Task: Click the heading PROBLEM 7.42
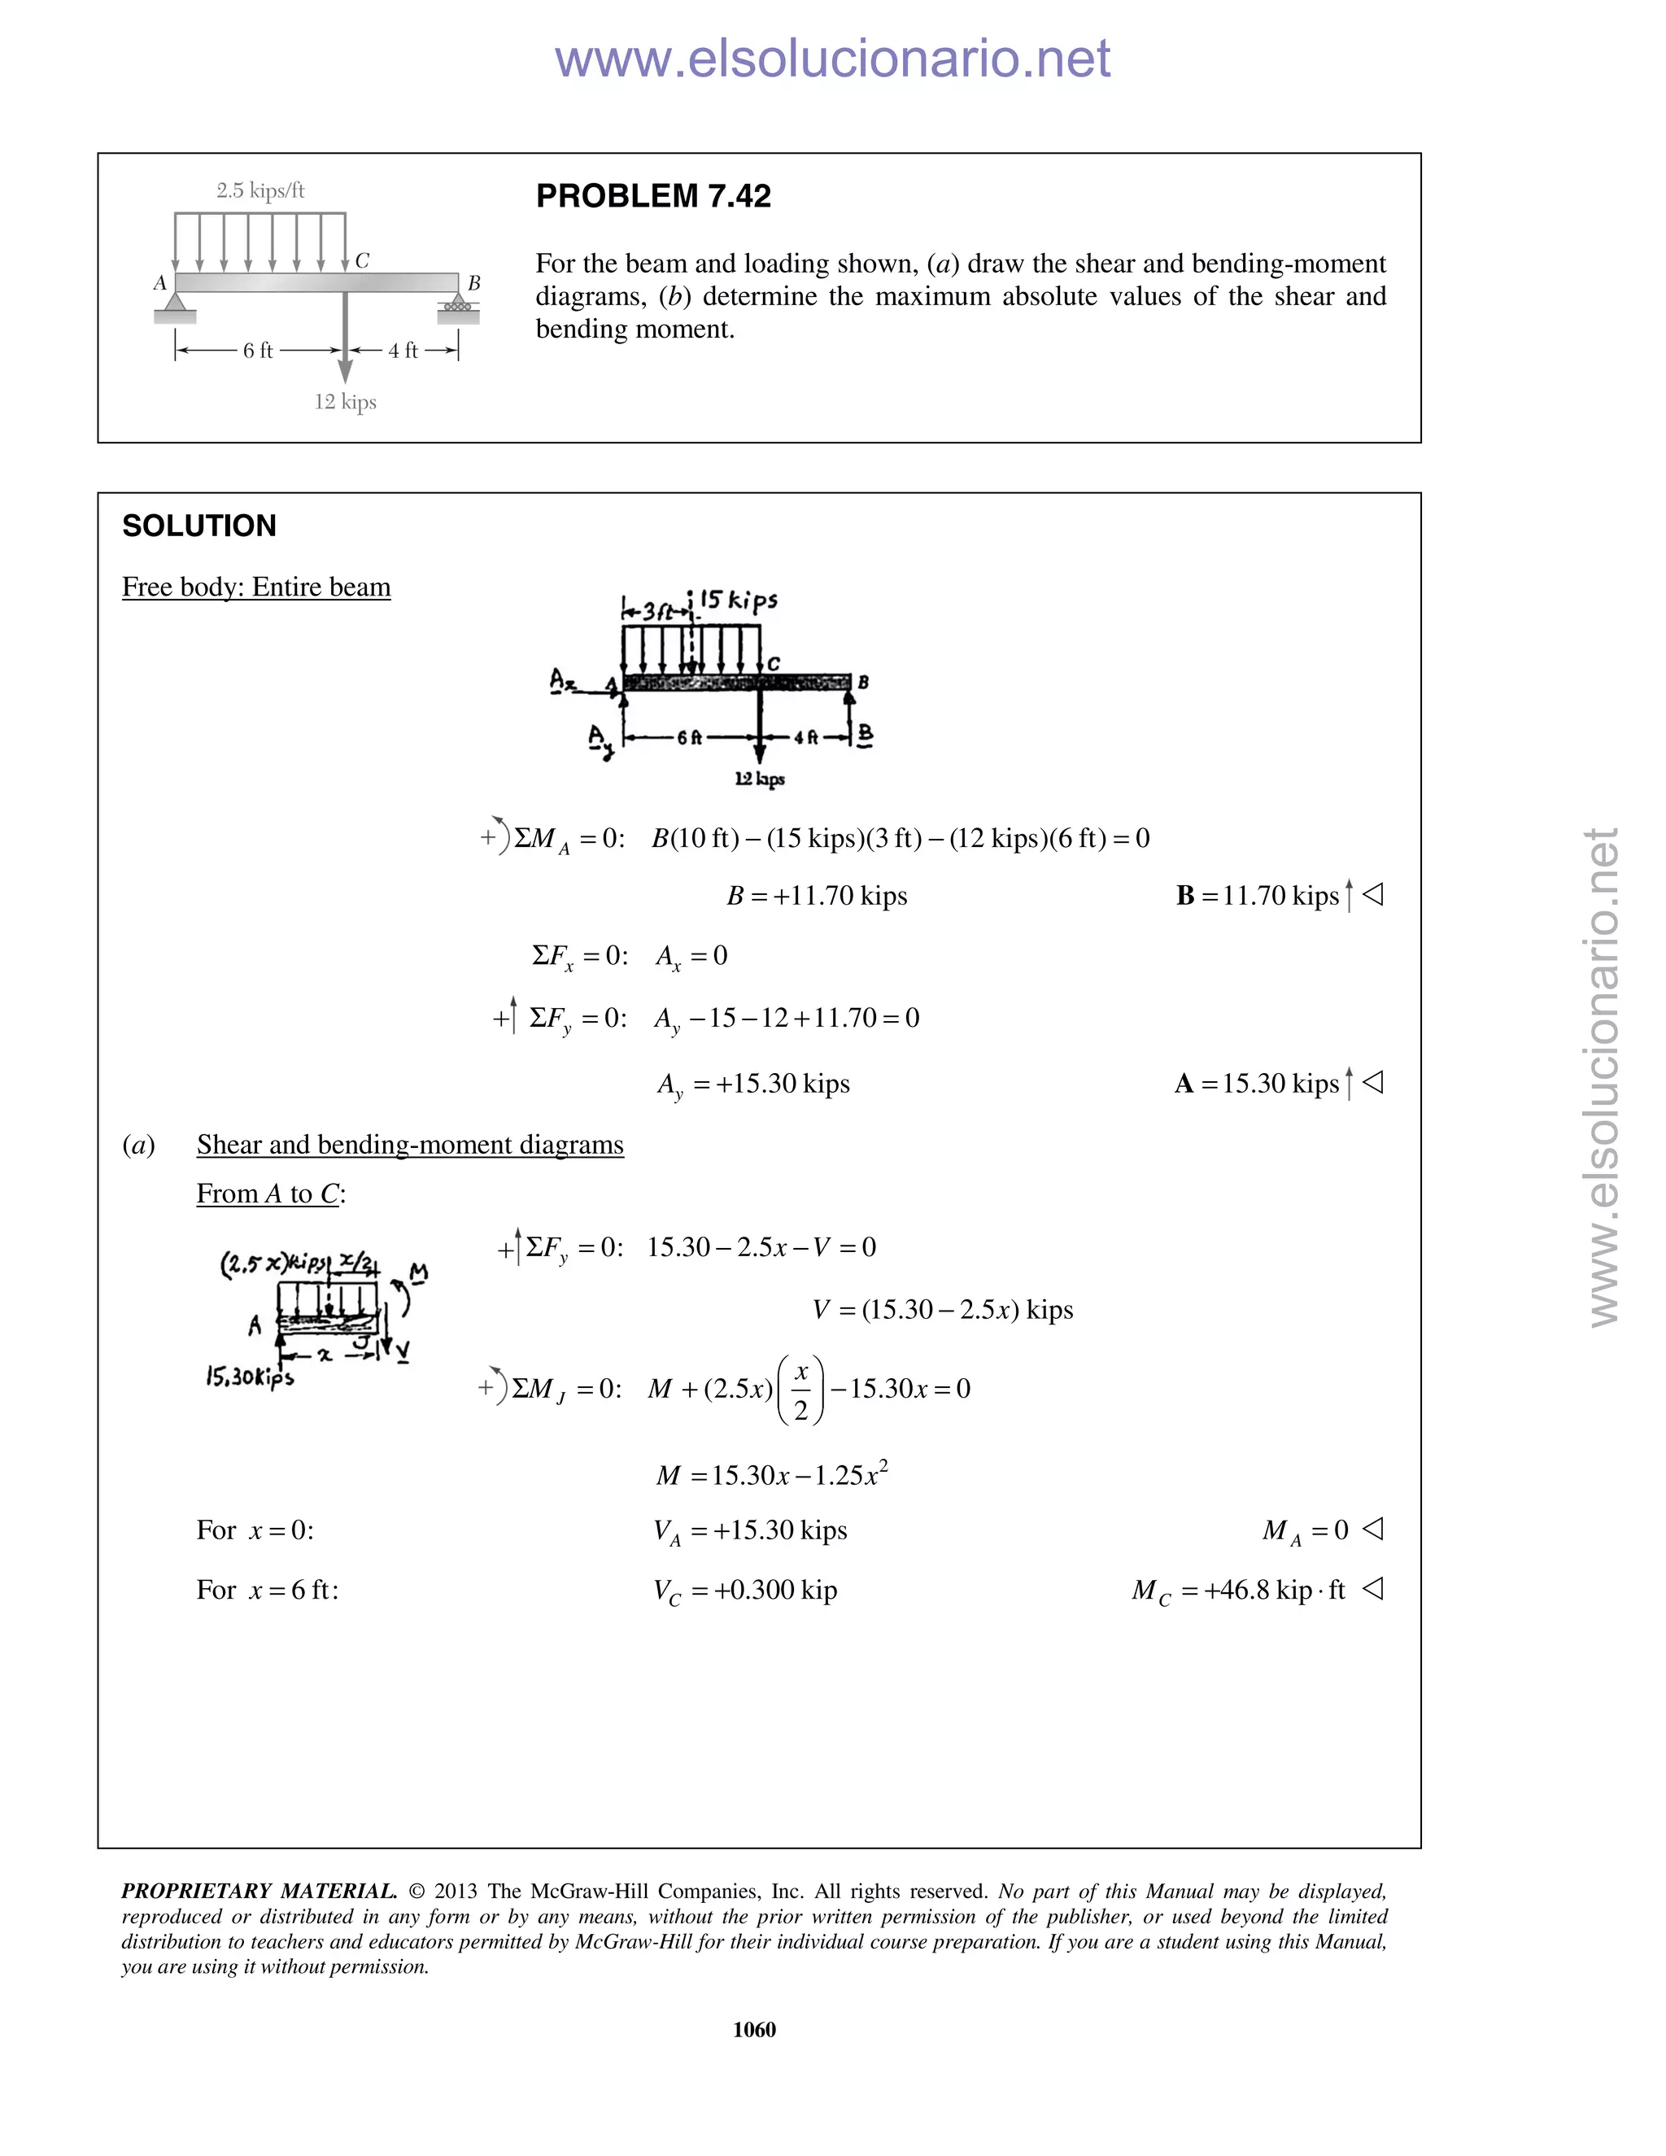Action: coord(652,196)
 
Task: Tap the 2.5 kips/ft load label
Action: coord(260,190)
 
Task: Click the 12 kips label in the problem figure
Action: coord(346,402)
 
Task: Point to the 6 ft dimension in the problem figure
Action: coord(258,351)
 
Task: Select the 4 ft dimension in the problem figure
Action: coord(403,351)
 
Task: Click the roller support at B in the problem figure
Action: coord(458,307)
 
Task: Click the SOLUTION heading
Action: coord(199,526)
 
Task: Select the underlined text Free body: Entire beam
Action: coord(256,587)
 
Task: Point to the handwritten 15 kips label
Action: coord(739,600)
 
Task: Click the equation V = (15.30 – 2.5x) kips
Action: coord(943,1310)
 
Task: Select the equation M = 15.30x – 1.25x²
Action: coord(772,1475)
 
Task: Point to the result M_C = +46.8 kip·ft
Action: coord(1240,1591)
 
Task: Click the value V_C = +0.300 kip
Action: coord(745,1591)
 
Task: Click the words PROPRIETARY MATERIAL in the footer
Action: coord(259,1892)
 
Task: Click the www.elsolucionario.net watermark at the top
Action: coord(832,59)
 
